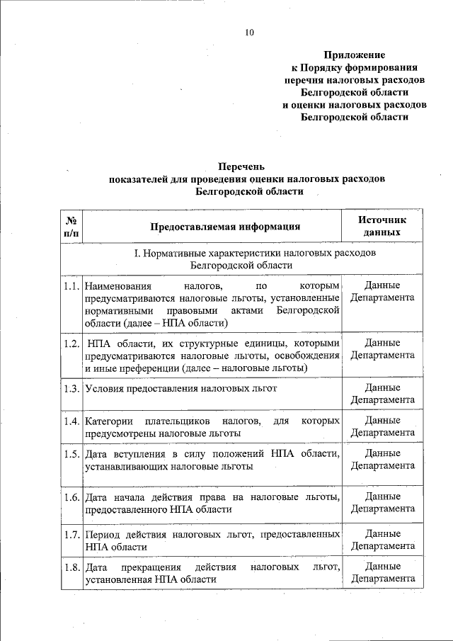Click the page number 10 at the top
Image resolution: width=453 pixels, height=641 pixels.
coord(248,33)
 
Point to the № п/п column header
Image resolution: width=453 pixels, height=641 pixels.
coord(71,227)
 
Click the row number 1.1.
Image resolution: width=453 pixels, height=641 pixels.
coord(69,286)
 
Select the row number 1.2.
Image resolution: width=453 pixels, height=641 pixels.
coord(69,344)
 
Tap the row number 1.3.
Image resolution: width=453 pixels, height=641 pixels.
coord(69,388)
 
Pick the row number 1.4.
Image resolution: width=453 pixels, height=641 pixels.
coord(69,421)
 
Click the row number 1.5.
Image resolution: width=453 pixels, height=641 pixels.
coord(69,454)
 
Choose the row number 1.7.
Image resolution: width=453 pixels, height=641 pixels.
coord(69,534)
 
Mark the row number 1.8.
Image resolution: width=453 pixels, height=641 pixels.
coord(69,567)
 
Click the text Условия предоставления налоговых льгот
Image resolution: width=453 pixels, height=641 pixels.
coord(180,388)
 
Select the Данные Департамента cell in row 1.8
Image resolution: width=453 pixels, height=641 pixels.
coord(382,573)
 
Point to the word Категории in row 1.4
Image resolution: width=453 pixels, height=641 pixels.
coord(108,421)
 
